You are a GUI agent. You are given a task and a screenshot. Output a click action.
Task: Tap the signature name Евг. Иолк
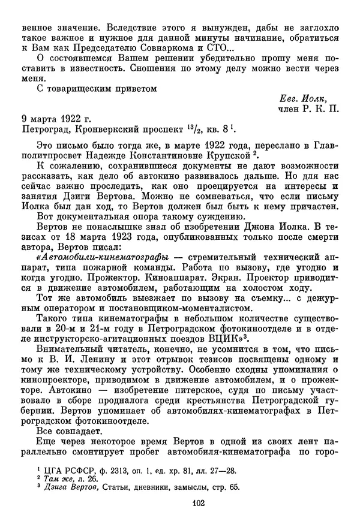pyautogui.click(x=308, y=98)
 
